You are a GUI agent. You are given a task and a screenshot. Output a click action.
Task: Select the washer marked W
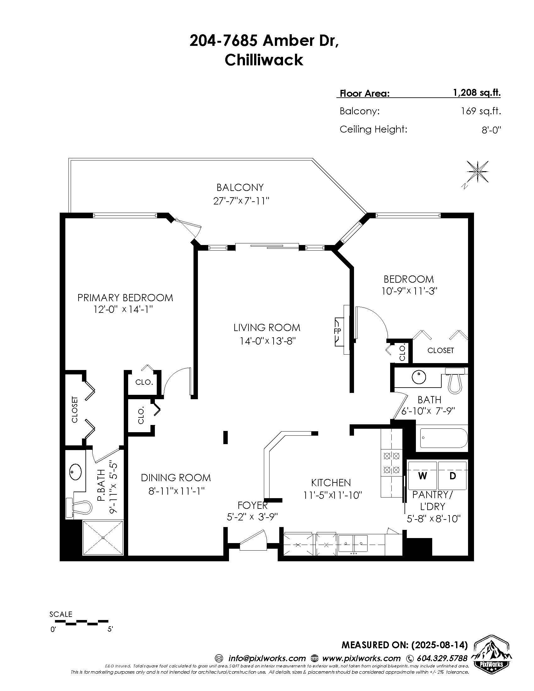[422, 476]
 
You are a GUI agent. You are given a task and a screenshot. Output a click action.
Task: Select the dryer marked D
[452, 476]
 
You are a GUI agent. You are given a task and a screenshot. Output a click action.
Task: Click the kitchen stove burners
[392, 462]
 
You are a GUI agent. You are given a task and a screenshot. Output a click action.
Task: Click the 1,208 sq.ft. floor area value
[477, 93]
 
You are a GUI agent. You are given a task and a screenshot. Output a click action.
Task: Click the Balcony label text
[240, 188]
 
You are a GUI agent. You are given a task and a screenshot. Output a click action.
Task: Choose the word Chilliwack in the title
[264, 60]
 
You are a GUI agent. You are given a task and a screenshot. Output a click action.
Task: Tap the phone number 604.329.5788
[442, 658]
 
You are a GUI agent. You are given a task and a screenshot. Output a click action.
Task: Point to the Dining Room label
[176, 478]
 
